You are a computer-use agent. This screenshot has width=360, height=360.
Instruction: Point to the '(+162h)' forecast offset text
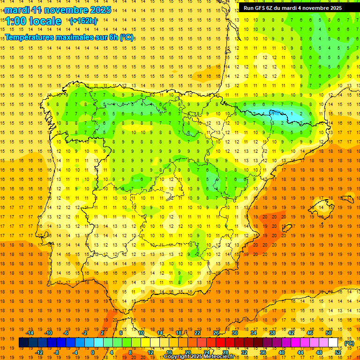pyautogui.click(x=83, y=21)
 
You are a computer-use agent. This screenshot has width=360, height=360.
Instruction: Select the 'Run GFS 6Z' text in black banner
pyautogui.click(x=260, y=8)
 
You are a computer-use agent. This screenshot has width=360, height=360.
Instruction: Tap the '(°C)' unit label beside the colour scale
pyautogui.click(x=349, y=344)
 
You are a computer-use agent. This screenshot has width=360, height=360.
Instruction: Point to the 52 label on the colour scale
pyautogui.click(x=338, y=352)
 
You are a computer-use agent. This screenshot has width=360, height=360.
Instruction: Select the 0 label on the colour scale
pyautogui.click(x=92, y=352)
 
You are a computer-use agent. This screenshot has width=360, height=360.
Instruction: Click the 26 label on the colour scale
pyautogui.click(x=216, y=332)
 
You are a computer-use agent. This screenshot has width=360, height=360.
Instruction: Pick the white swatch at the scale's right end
pyautogui.click(x=333, y=343)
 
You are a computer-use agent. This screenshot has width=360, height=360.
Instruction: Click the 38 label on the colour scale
pyautogui.click(x=272, y=332)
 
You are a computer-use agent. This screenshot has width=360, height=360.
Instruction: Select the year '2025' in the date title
pyautogui.click(x=101, y=10)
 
